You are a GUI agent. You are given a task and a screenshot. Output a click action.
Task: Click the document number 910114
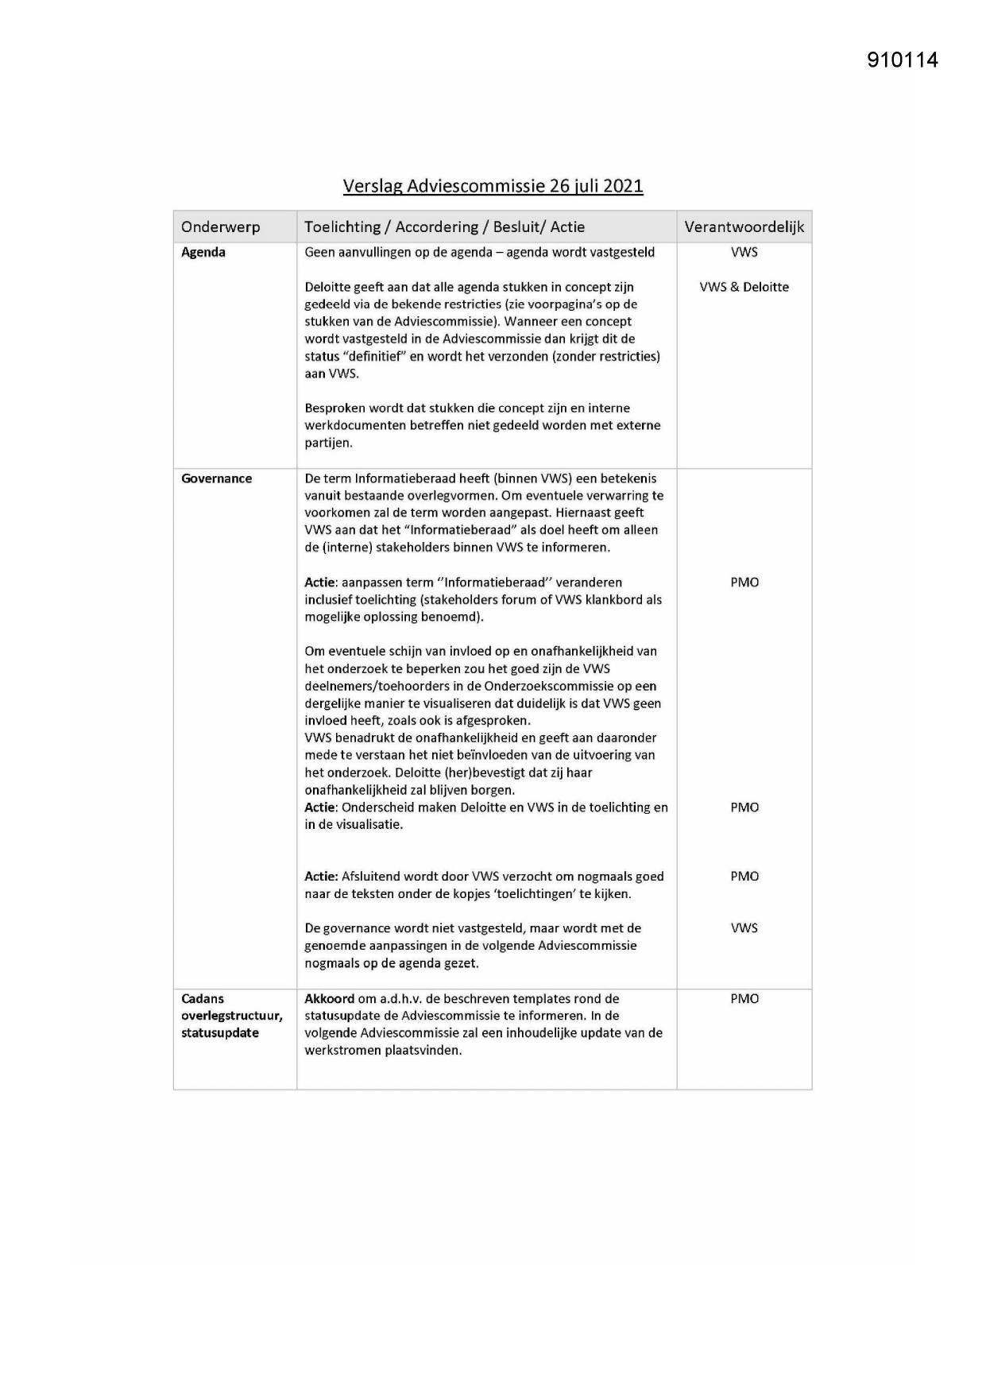[903, 60]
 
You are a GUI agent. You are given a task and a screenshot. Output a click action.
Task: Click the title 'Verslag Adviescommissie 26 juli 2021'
[493, 186]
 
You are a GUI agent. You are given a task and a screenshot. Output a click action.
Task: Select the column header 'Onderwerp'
[220, 227]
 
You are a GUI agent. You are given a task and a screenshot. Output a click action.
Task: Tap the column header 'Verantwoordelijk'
[744, 227]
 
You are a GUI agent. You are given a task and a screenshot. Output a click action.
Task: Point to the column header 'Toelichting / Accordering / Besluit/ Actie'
[444, 227]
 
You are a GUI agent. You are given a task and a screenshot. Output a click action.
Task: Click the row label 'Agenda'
[203, 253]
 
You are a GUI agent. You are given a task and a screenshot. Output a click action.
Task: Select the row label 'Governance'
[216, 478]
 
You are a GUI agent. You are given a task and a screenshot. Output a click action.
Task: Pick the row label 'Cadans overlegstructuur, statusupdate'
[231, 1016]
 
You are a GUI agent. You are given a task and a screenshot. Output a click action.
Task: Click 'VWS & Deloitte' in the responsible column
[744, 287]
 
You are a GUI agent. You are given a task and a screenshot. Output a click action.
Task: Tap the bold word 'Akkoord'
[330, 999]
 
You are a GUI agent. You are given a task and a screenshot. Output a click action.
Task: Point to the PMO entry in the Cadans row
[744, 999]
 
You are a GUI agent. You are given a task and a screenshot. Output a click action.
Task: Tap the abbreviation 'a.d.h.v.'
[402, 999]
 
